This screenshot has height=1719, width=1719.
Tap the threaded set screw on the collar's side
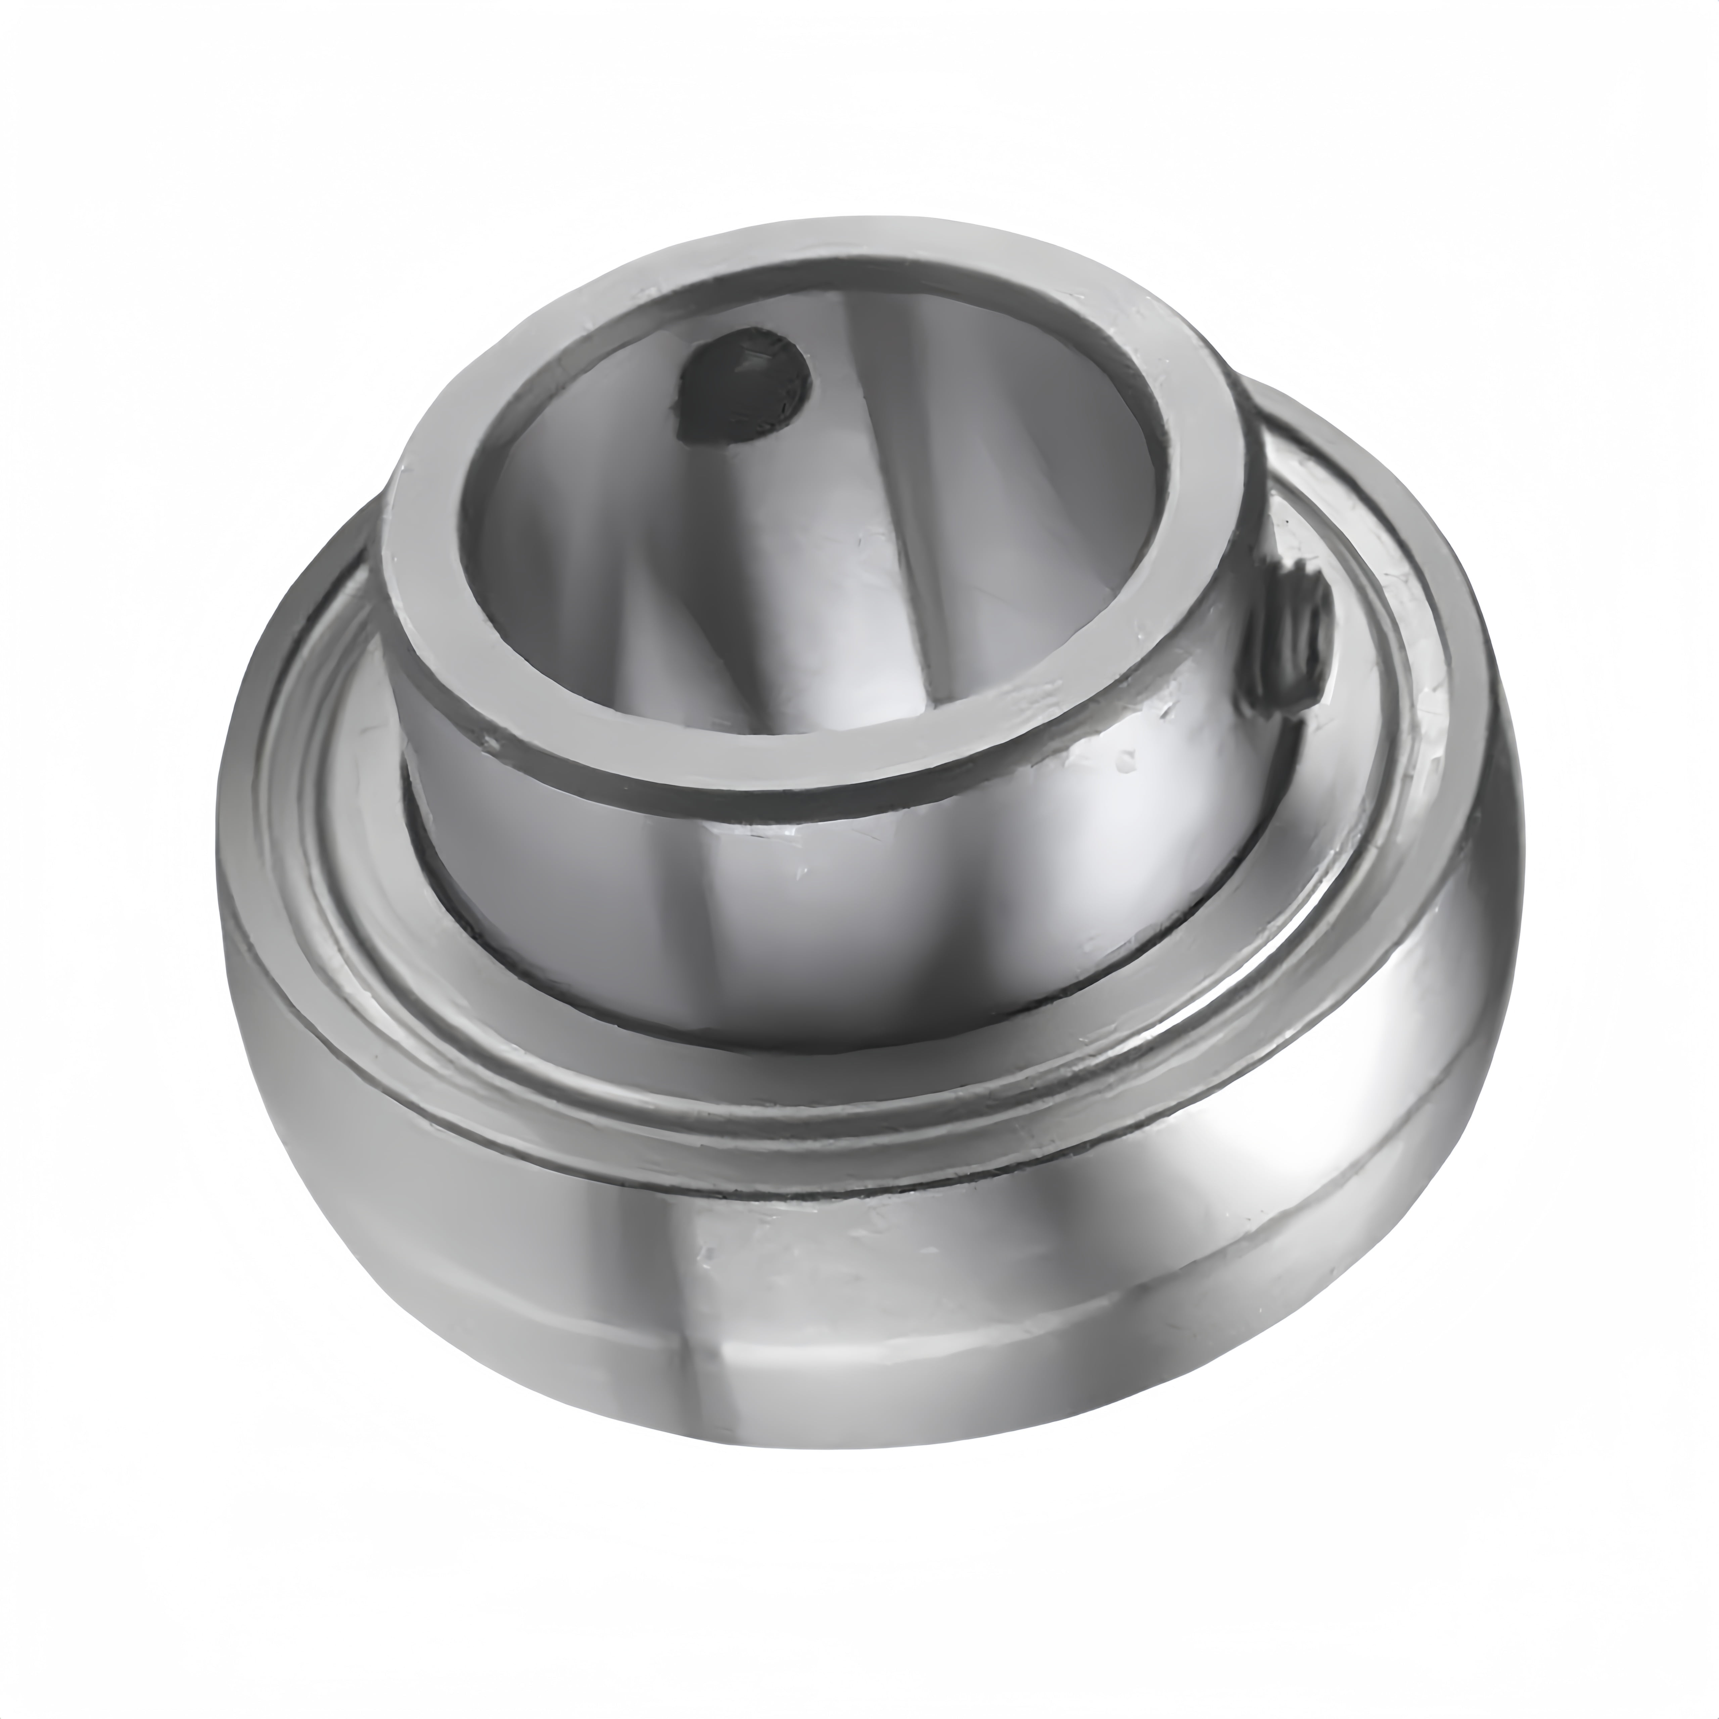pyautogui.click(x=1292, y=641)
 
